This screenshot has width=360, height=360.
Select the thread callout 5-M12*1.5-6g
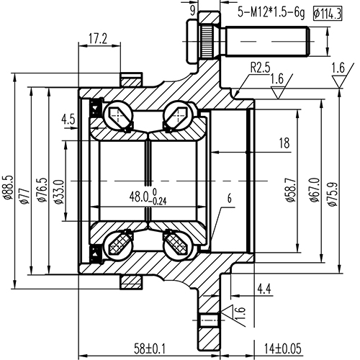coord(270,12)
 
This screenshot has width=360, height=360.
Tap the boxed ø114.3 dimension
coord(328,12)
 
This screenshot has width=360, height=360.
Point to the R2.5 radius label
coord(260,69)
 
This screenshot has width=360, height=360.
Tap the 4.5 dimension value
coord(70,119)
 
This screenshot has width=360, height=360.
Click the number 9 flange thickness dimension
coord(192,9)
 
